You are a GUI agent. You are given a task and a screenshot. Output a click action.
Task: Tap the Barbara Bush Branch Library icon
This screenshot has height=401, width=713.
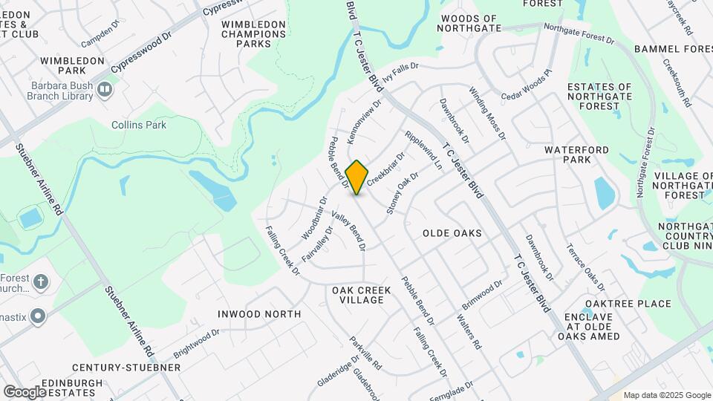click(105, 90)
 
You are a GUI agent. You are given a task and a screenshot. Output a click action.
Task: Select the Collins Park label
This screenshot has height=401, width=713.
click(139, 125)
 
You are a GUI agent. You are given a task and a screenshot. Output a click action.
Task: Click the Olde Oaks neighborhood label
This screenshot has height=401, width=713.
click(452, 233)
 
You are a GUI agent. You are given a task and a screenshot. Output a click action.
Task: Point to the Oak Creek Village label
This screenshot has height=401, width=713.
click(358, 295)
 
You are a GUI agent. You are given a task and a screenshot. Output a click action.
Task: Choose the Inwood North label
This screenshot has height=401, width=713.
click(259, 314)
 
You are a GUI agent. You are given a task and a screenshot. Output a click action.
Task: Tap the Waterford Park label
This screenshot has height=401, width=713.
click(577, 154)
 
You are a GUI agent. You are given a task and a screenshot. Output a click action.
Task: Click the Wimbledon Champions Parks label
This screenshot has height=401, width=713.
click(253, 34)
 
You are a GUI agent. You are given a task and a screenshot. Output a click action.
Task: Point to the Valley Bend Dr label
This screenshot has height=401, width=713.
click(348, 231)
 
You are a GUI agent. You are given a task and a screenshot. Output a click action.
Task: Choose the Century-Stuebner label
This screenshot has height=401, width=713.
click(126, 368)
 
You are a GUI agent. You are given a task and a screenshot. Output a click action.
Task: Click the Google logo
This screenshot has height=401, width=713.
click(25, 391)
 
